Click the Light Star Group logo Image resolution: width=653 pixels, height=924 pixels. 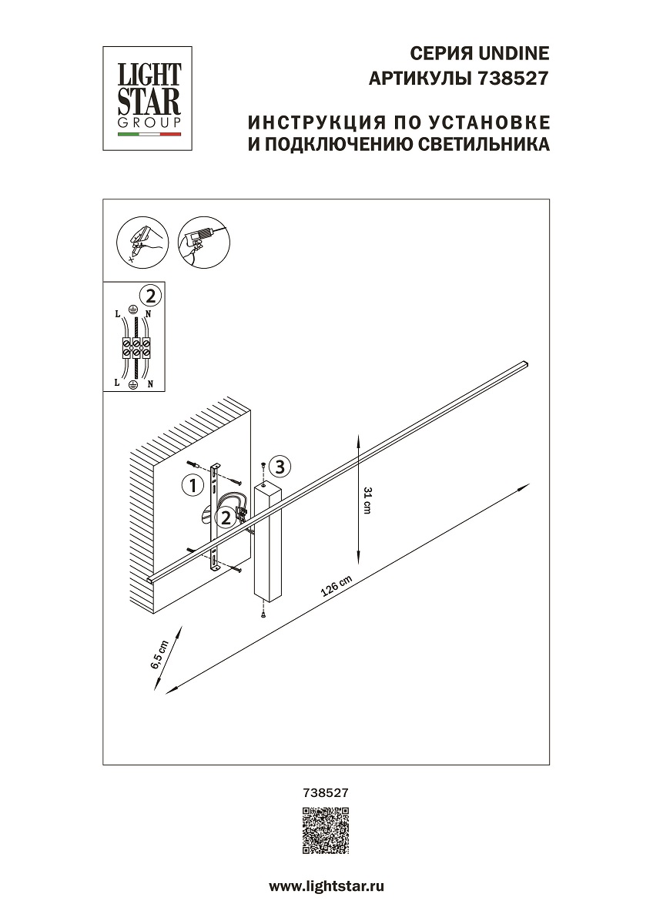(149, 98)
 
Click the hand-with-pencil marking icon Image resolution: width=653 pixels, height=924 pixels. (140, 239)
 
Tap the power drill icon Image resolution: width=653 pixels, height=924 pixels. (203, 238)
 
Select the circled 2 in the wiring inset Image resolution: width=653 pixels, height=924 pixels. (151, 295)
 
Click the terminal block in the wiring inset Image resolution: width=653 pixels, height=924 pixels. (136, 348)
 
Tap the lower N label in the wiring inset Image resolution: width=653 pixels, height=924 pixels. (150, 383)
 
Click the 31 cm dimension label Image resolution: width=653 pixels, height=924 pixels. (367, 500)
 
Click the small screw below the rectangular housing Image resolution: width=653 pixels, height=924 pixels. (264, 613)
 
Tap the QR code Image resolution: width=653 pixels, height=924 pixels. (326, 832)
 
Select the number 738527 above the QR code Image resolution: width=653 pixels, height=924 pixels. (326, 792)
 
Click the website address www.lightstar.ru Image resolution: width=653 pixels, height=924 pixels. (326, 886)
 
